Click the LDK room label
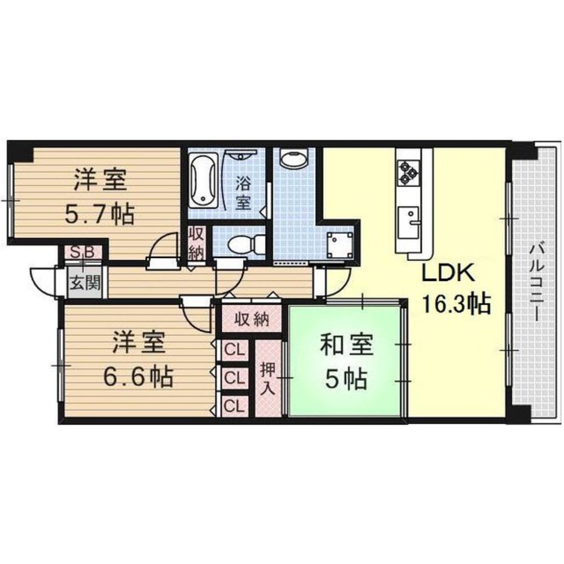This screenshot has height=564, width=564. click(448, 274)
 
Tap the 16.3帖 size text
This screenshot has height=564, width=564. click(456, 304)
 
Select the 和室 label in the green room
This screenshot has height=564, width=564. click(346, 344)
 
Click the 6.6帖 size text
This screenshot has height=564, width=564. click(138, 376)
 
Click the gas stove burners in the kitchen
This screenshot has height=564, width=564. click(408, 172)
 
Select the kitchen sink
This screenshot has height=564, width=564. click(408, 223)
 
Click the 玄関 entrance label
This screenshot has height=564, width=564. click(85, 284)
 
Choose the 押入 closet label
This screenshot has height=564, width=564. click(268, 379)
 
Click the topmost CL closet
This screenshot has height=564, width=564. click(235, 350)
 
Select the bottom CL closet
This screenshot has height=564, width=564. click(235, 406)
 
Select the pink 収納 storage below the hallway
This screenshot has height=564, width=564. click(252, 319)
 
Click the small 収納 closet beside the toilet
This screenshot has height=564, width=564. click(197, 244)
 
